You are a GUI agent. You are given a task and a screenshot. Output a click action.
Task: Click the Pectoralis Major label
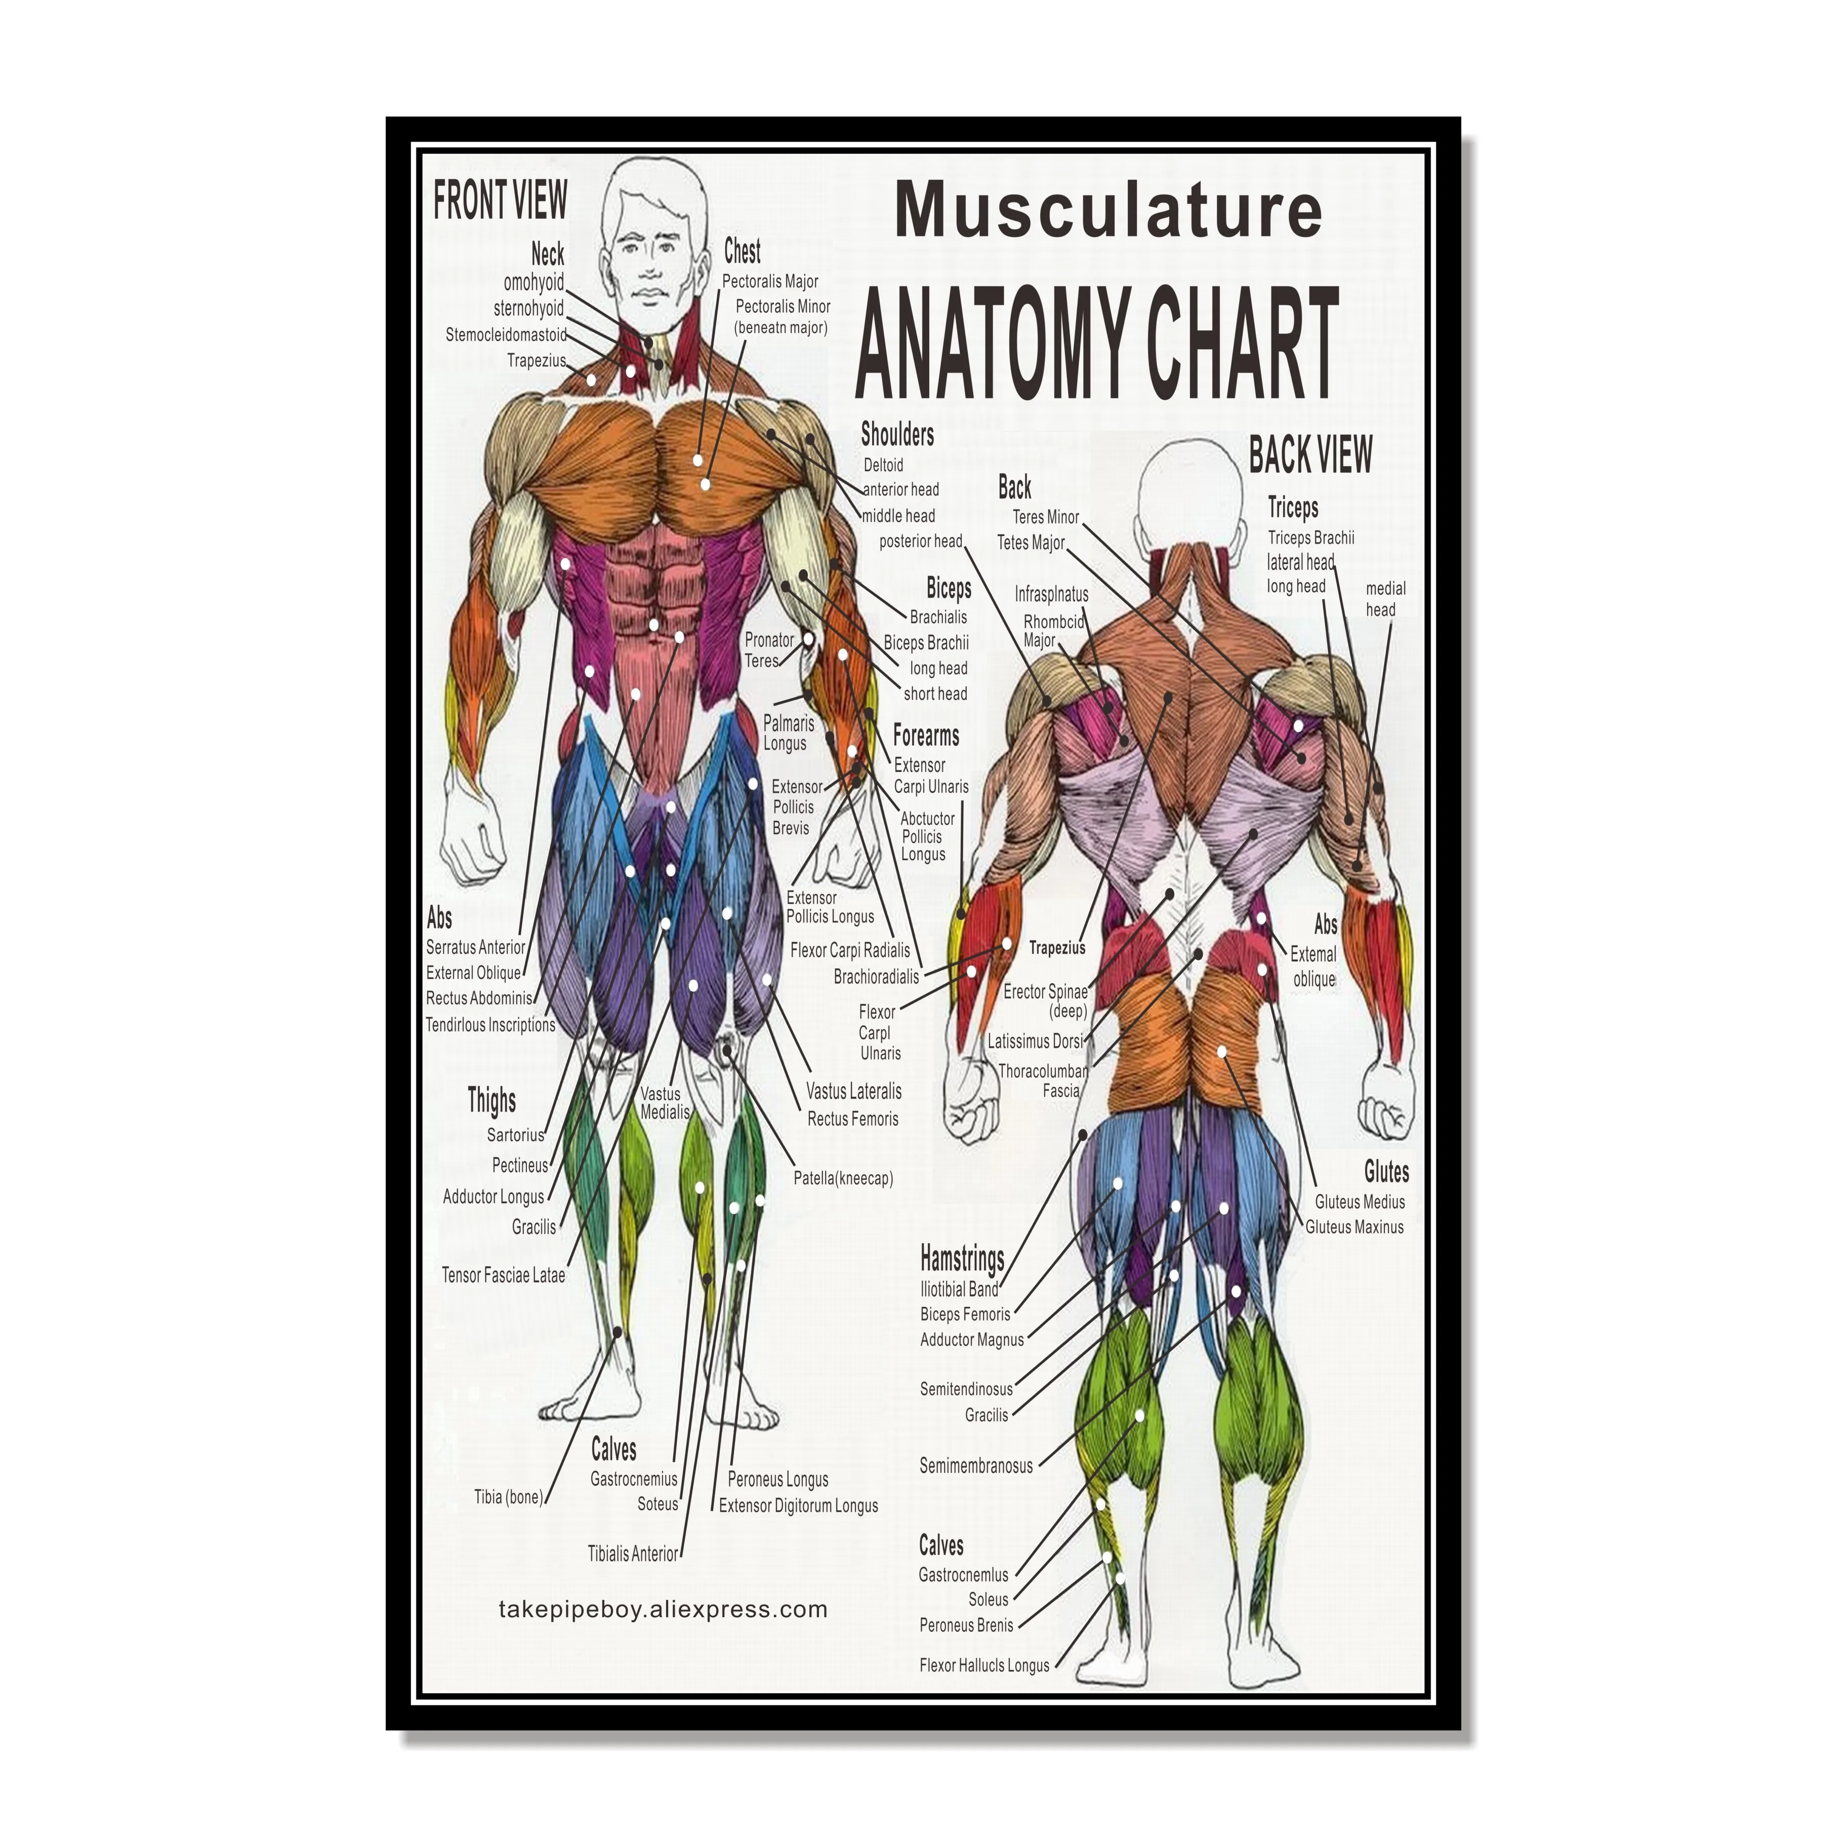pos(769,281)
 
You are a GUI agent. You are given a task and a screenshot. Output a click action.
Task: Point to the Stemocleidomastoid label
pos(506,335)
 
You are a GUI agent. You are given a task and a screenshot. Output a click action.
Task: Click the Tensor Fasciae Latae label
pos(503,1275)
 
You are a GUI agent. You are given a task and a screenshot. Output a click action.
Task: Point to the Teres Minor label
pos(1046,517)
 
